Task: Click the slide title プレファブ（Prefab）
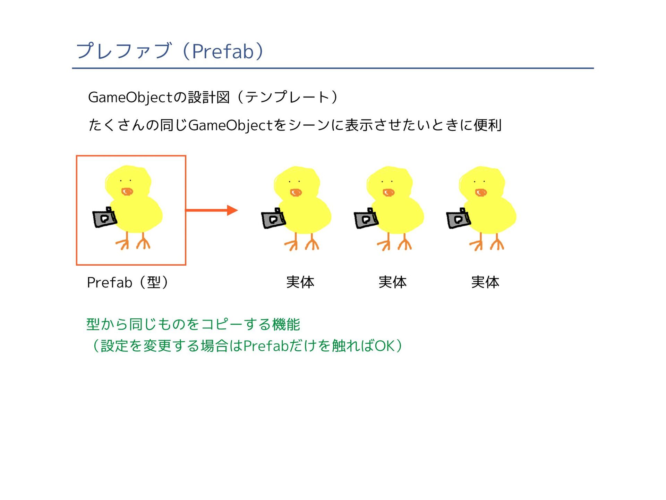[170, 51]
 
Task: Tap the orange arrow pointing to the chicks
[212, 210]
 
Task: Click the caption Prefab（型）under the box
[127, 282]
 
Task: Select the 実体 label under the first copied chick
[300, 282]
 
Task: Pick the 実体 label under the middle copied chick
[392, 282]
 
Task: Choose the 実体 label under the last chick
[485, 282]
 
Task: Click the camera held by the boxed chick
[104, 218]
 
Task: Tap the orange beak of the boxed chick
[127, 192]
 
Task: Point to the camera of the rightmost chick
[458, 219]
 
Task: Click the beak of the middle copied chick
[388, 192]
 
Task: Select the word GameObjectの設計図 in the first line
[159, 97]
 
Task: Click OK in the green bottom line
[384, 346]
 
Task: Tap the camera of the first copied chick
[273, 219]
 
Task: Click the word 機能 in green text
[286, 324]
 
